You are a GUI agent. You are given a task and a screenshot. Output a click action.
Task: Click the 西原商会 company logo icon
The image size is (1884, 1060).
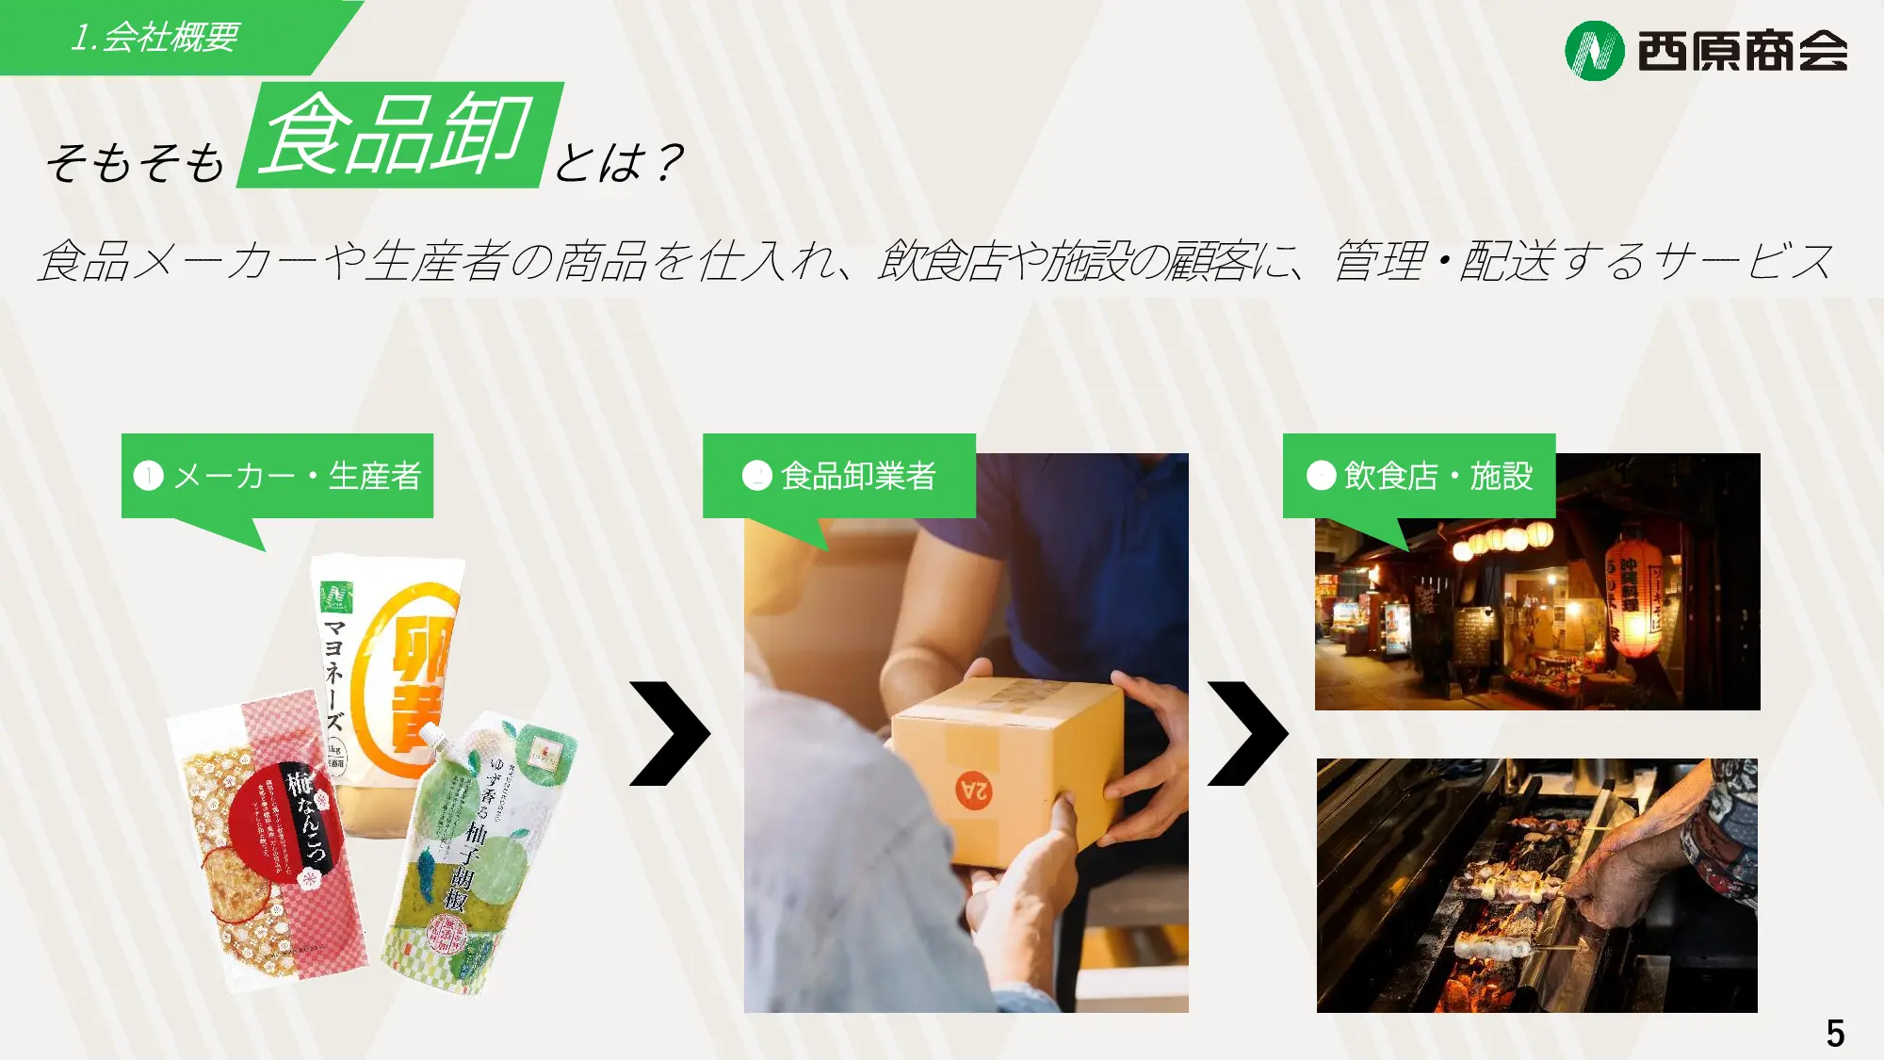click(1594, 51)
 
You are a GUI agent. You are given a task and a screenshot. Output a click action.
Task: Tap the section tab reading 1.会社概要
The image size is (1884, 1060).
click(155, 38)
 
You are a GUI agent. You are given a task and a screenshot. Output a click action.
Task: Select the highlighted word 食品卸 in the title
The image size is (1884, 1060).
click(399, 135)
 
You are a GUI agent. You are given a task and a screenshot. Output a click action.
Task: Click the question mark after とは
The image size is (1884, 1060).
click(669, 163)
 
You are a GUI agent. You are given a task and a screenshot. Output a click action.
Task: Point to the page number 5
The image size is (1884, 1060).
click(1835, 1034)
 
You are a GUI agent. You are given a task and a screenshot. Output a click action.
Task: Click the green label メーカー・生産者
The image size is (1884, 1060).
click(277, 476)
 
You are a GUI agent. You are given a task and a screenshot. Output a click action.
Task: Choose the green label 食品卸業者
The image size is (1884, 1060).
click(838, 476)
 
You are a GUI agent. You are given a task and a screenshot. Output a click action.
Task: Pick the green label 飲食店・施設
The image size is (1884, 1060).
click(1419, 476)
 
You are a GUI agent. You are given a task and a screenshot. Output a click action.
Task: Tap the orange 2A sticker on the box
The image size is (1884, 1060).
click(974, 791)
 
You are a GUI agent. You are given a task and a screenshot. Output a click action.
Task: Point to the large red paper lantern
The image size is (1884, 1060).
click(1634, 598)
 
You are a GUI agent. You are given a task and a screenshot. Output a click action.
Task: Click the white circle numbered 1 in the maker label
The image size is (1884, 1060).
click(149, 476)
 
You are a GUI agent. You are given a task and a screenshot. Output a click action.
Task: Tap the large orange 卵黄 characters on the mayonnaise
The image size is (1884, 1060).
click(419, 683)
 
